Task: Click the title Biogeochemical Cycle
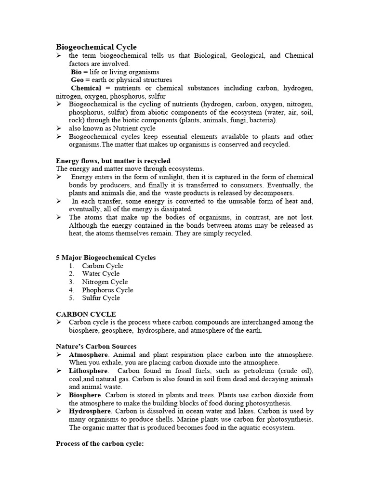tap(96, 47)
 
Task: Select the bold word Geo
tap(78, 80)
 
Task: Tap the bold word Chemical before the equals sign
tap(86, 88)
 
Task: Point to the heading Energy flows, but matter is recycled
tap(113, 161)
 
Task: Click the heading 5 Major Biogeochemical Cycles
tap(106, 258)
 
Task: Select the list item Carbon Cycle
tap(103, 266)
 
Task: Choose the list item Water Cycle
tap(101, 274)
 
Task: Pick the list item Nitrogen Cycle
tap(105, 282)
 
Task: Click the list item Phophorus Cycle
tap(107, 290)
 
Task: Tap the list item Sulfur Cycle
tap(101, 298)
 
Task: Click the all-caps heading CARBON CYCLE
tap(86, 314)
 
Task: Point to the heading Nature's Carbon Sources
tap(96, 347)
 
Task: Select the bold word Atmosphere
tap(89, 355)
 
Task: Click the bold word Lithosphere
tap(89, 371)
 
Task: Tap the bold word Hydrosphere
tap(90, 411)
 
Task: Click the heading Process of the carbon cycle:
tap(100, 443)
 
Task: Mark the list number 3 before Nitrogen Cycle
tap(71, 282)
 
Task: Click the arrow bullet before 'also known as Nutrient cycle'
tap(59, 129)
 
